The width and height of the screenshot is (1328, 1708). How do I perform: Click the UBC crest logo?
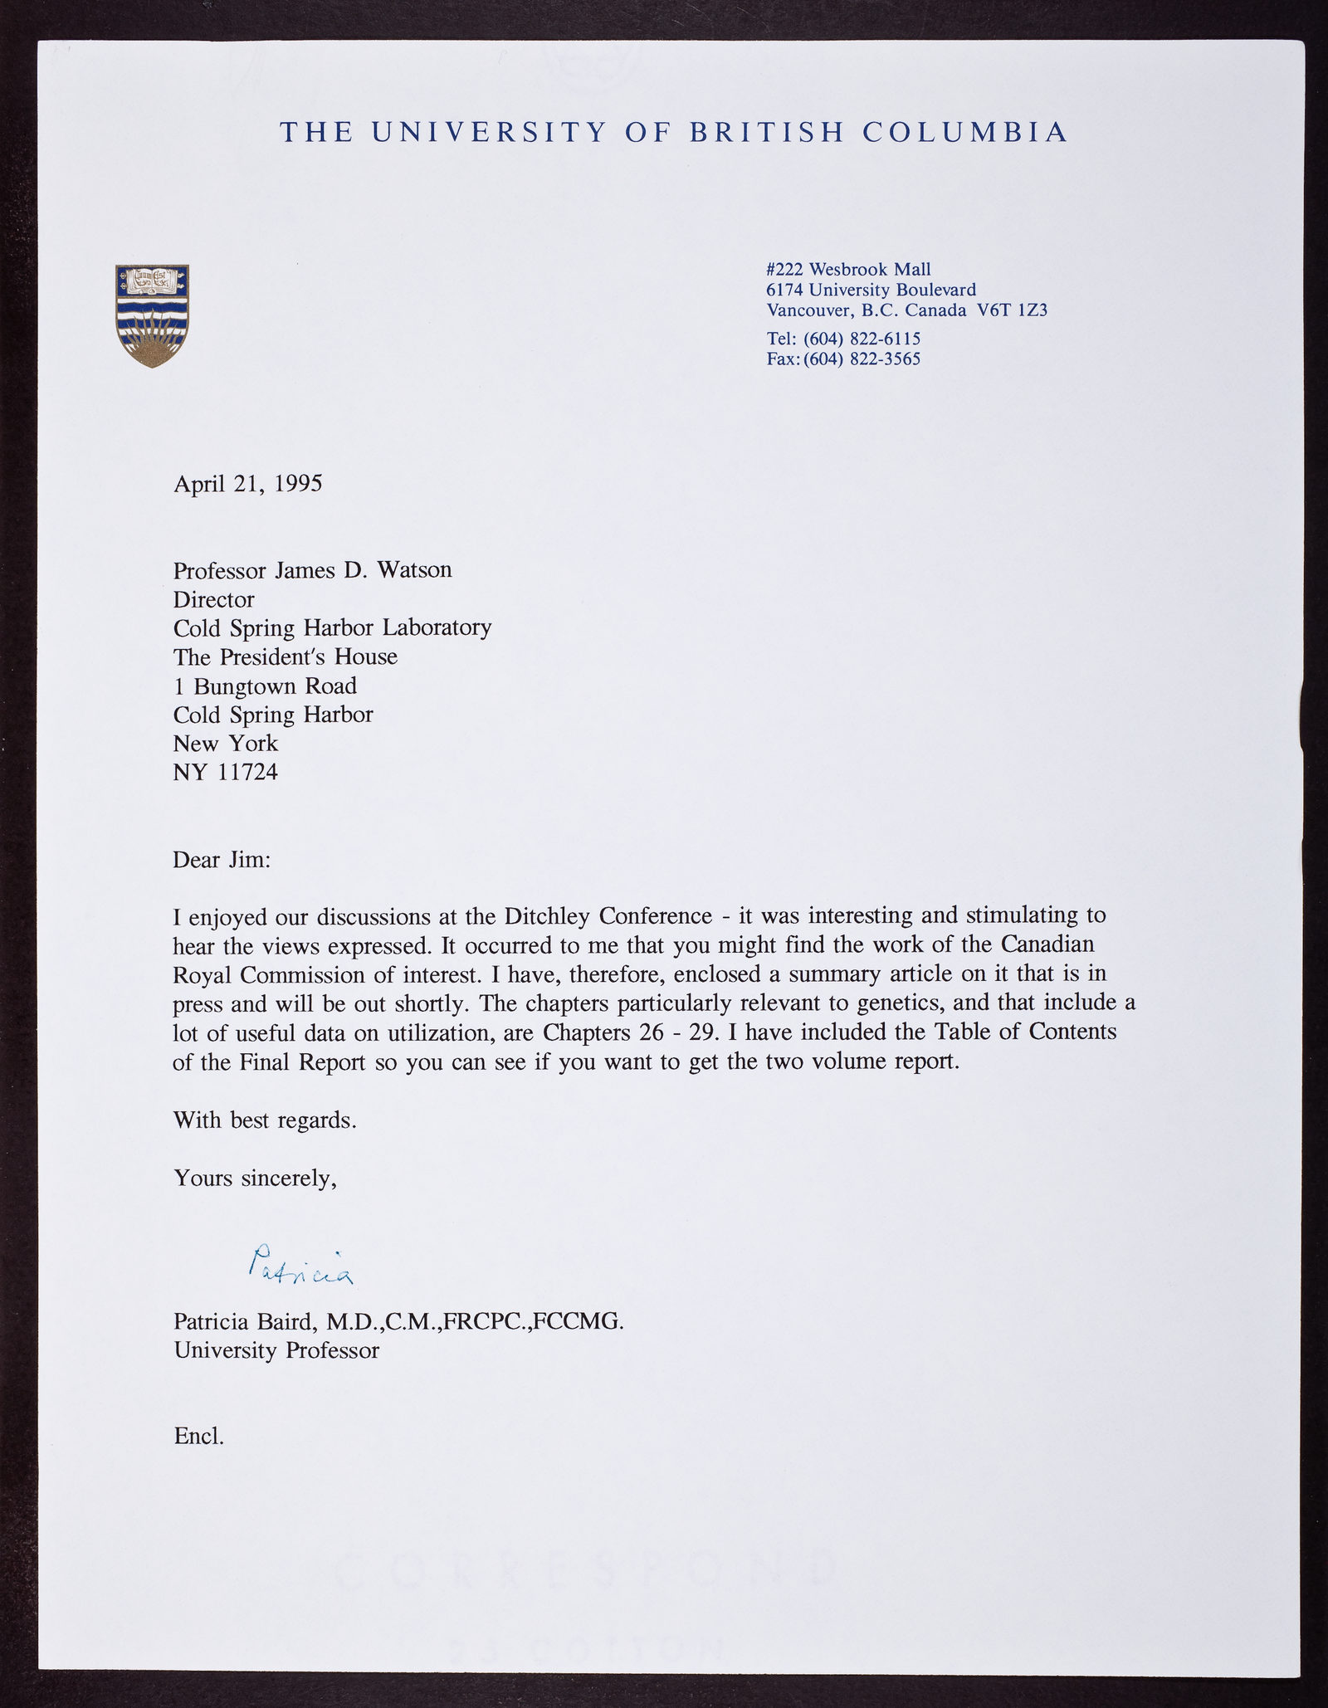coord(153,315)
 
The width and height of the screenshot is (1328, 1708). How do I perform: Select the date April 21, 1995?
coord(247,483)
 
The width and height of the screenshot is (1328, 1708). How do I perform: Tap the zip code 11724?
coord(247,772)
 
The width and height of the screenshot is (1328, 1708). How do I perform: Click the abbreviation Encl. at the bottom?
coord(198,1436)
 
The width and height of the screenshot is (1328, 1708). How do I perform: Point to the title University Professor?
coord(276,1350)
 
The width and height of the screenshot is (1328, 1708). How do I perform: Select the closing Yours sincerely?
coord(255,1177)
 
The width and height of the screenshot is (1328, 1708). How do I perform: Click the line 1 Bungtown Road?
coord(265,686)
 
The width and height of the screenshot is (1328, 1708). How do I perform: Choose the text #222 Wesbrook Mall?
coord(848,269)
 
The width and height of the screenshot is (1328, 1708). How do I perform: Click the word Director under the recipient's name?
coord(213,599)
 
